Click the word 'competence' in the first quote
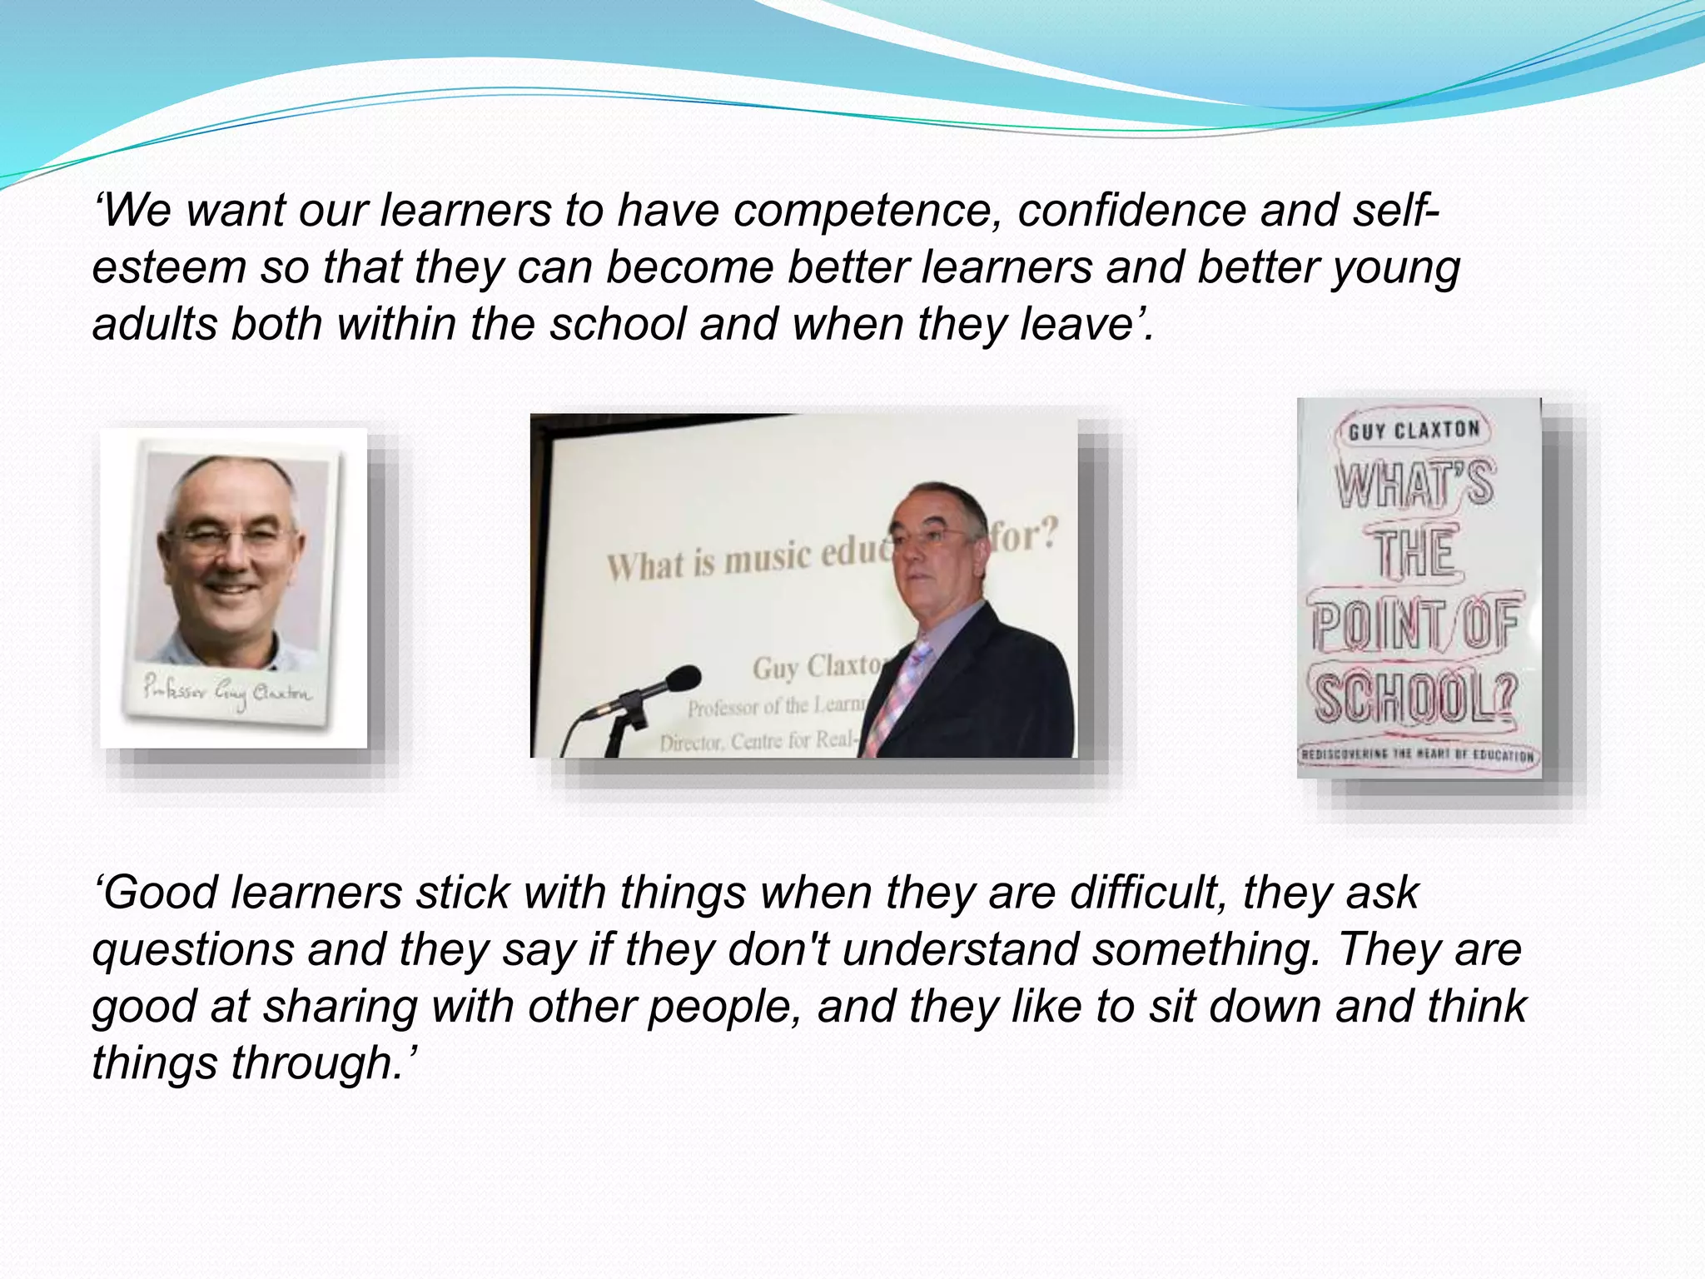point(866,211)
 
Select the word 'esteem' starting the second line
point(169,268)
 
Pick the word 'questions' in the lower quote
point(193,951)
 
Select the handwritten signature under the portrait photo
point(226,692)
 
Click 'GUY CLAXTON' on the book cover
point(1414,430)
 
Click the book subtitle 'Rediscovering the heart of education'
point(1417,755)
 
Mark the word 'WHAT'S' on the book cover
point(1415,484)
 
